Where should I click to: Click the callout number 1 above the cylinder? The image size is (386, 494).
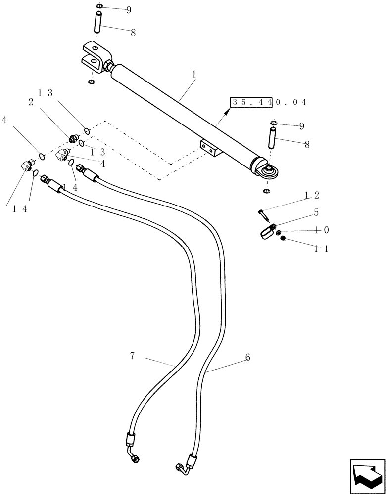[194, 74]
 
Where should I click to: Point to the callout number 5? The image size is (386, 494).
[316, 213]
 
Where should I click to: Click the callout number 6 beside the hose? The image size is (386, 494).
[247, 357]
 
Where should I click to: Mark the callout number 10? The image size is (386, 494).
[322, 230]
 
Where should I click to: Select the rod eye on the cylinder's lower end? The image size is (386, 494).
[269, 171]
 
